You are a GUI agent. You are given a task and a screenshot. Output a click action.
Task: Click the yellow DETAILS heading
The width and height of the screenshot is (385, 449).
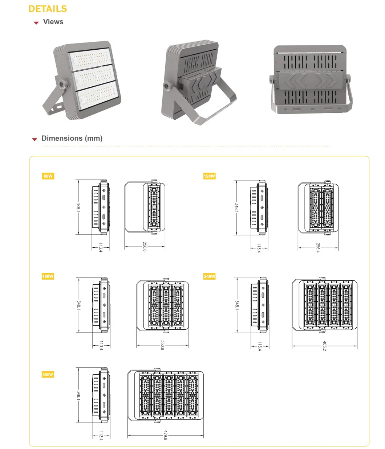pyautogui.click(x=48, y=9)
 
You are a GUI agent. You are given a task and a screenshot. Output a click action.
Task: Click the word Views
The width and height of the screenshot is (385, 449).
pyautogui.click(x=53, y=22)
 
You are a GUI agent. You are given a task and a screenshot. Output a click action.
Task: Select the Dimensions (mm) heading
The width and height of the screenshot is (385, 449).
pyautogui.click(x=72, y=138)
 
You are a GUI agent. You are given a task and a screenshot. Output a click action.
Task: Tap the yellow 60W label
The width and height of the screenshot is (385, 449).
pyautogui.click(x=48, y=176)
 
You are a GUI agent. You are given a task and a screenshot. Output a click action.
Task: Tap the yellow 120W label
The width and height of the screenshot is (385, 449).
pyautogui.click(x=209, y=176)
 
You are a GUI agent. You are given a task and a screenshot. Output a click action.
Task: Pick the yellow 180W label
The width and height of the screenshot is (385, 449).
pyautogui.click(x=48, y=276)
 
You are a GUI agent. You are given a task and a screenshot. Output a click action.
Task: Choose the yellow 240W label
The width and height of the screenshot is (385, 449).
pyautogui.click(x=209, y=276)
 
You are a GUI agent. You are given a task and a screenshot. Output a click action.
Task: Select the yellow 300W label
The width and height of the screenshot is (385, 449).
pyautogui.click(x=48, y=375)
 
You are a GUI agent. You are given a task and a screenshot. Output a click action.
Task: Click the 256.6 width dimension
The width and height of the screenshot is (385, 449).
pyautogui.click(x=145, y=247)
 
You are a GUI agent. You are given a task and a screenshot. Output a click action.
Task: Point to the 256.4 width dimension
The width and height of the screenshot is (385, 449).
pyautogui.click(x=318, y=248)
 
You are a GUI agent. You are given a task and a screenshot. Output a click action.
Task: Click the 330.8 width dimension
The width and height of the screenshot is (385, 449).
pyautogui.click(x=162, y=345)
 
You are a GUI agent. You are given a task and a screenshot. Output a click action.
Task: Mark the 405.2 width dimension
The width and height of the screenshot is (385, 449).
pyautogui.click(x=324, y=346)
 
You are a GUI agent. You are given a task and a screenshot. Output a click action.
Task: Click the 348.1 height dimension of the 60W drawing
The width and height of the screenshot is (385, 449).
pyautogui.click(x=78, y=207)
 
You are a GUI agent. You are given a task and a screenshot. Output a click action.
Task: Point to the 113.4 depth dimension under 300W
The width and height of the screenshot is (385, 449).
pyautogui.click(x=101, y=436)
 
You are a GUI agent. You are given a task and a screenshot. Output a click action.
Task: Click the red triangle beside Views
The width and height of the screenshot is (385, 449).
pyautogui.click(x=36, y=23)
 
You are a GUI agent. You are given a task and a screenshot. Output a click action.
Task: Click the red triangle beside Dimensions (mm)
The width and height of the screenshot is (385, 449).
pyautogui.click(x=35, y=139)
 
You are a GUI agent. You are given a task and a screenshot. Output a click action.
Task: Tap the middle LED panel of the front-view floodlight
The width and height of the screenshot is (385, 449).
pyautogui.click(x=95, y=77)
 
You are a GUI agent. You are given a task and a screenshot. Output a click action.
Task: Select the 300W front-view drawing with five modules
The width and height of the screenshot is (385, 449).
pyautogui.click(x=166, y=396)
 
